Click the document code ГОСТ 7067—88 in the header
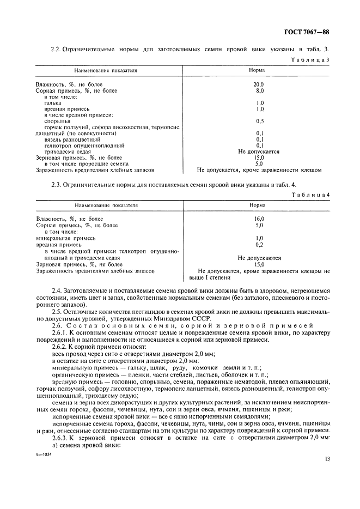[x=307, y=32]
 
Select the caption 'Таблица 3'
[x=310, y=59]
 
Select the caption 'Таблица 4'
[x=310, y=195]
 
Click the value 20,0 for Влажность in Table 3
[x=259, y=84]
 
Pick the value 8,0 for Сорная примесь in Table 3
[x=259, y=90]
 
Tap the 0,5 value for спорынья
[x=260, y=120]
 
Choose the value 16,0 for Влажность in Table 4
[x=259, y=219]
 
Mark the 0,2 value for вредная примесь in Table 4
[x=259, y=245]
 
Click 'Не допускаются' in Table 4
[x=259, y=258]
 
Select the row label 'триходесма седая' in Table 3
[x=68, y=152]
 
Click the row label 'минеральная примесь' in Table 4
[x=66, y=238]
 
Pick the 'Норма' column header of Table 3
[x=257, y=71]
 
